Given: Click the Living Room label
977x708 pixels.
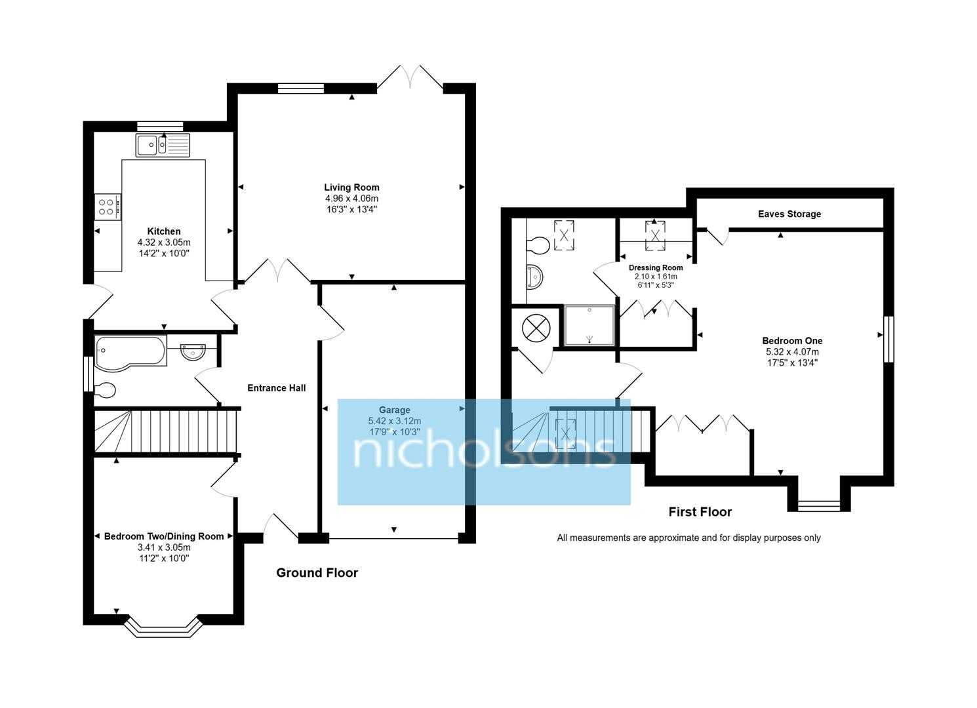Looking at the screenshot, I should tap(351, 187).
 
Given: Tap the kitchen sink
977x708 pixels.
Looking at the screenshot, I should tap(163, 145).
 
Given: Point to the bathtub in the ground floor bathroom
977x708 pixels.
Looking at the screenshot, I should tap(130, 350).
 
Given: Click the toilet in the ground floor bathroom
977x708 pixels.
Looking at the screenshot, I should tap(104, 390).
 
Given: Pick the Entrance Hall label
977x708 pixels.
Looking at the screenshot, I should tap(276, 388).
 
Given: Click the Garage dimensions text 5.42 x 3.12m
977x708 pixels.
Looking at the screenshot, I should tap(394, 421).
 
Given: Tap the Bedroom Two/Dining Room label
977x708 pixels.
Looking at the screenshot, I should tap(164, 536).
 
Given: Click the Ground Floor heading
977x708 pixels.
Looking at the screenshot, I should tap(317, 573).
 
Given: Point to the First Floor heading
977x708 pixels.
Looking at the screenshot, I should tap(700, 512).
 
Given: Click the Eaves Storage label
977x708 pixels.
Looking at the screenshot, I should tap(789, 214).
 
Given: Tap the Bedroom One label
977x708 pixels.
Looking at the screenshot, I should tap(791, 341).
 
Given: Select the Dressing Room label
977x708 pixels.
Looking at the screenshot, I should tap(655, 267).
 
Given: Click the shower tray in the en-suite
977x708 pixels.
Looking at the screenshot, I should tap(589, 325).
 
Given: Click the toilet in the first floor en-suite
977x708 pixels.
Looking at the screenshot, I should tap(538, 245).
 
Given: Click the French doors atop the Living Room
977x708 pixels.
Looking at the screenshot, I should tap(410, 77).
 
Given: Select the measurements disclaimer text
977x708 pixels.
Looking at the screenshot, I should tap(688, 538).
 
